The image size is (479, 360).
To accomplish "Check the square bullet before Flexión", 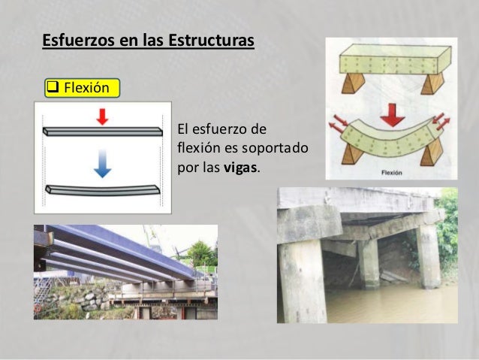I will [x=53, y=88].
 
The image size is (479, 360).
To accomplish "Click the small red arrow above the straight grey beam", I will [x=102, y=116].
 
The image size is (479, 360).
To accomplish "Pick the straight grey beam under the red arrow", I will [x=102, y=131].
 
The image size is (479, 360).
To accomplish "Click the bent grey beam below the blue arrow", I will [x=102, y=189].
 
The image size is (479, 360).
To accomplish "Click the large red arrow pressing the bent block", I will [x=391, y=115].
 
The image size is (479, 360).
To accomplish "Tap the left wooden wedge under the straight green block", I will [x=353, y=81].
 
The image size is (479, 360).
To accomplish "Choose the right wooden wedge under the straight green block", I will [x=432, y=81].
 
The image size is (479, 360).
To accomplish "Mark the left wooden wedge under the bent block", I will [x=351, y=153].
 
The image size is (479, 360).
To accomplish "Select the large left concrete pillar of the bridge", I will [x=303, y=278].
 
